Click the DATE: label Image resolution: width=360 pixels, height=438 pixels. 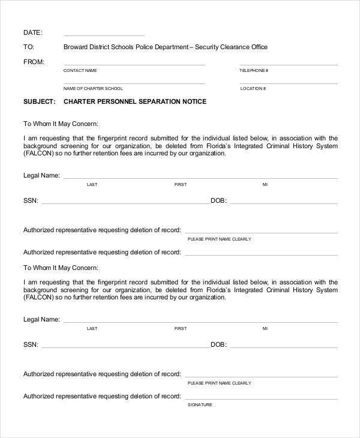(x=32, y=32)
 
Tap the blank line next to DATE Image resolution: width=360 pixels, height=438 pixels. (x=104, y=35)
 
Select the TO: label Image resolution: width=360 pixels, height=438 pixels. (x=28, y=47)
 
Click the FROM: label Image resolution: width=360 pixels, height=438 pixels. (x=34, y=62)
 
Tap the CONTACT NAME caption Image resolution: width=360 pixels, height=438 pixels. (x=80, y=71)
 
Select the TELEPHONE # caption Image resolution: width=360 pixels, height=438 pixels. (x=254, y=71)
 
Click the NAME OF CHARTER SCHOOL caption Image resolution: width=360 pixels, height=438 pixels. (x=93, y=89)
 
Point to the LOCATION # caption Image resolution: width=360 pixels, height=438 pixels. (x=252, y=89)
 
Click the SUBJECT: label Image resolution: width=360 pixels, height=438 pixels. (x=40, y=102)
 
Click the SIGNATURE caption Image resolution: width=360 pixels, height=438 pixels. (x=200, y=405)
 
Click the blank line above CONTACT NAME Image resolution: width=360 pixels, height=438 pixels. (x=134, y=65)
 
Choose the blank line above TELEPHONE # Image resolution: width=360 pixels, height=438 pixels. (x=288, y=65)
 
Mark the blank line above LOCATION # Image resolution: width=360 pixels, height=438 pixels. (x=288, y=83)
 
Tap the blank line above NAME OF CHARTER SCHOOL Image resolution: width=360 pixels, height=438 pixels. (x=134, y=83)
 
